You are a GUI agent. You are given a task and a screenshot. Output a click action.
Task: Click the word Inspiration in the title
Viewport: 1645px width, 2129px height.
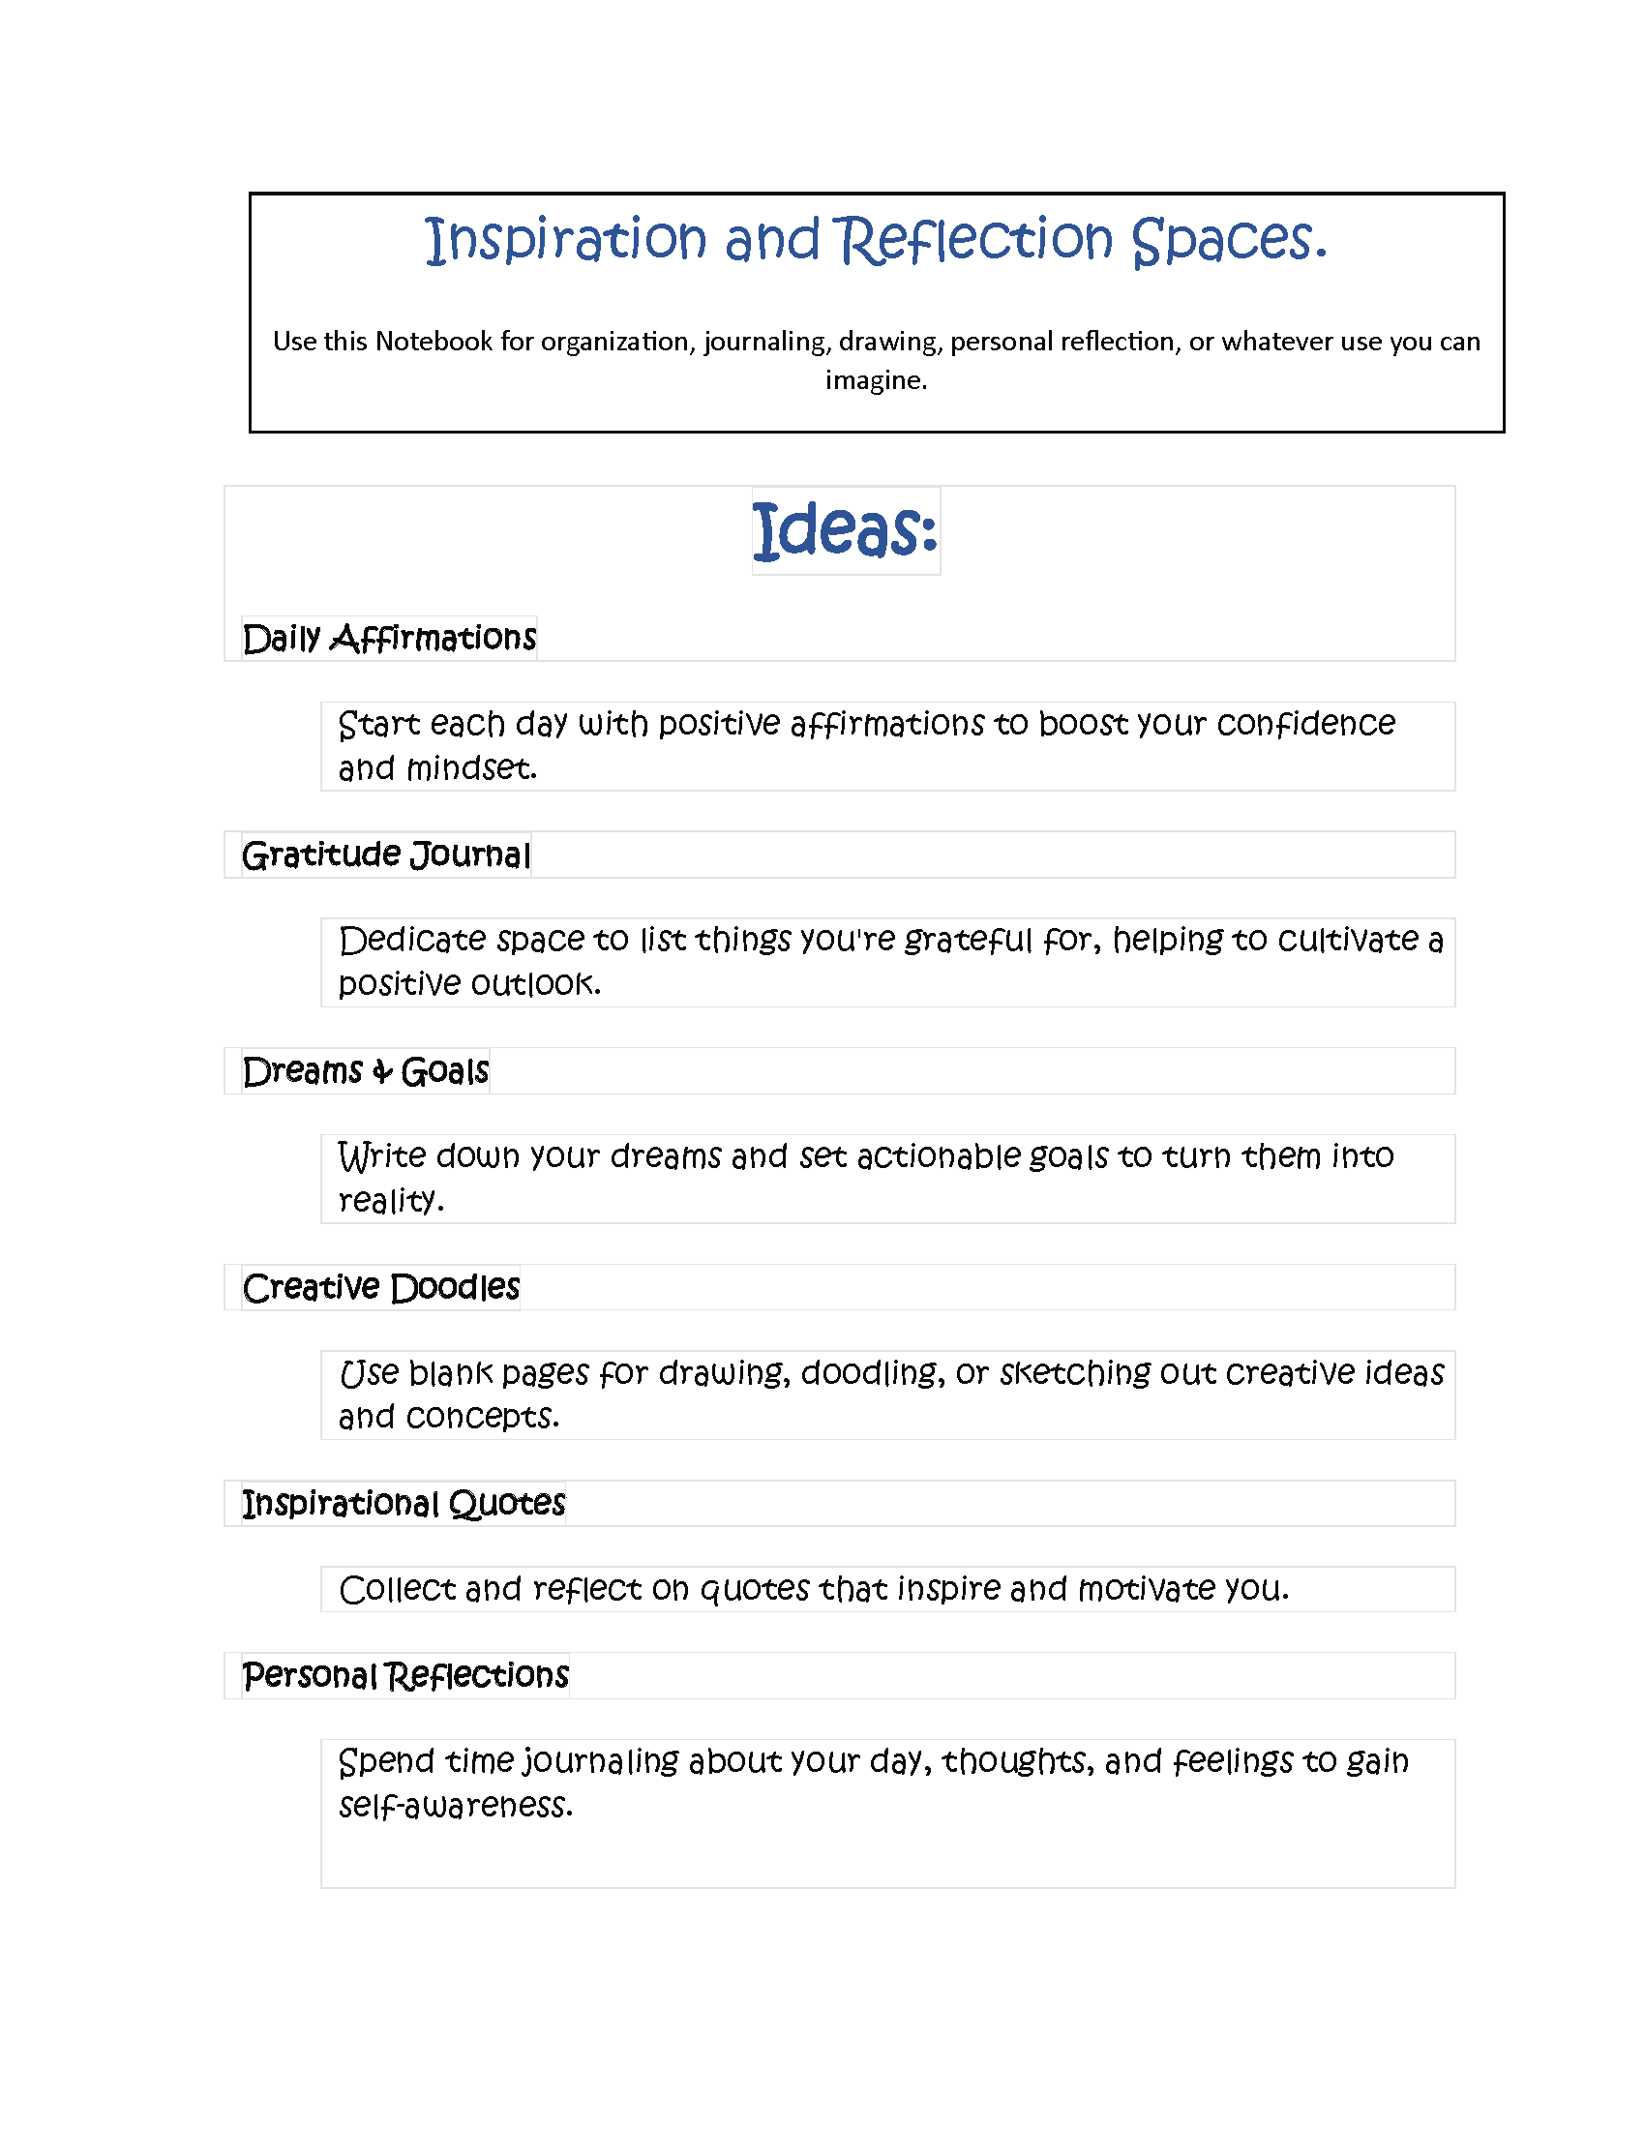pyautogui.click(x=565, y=240)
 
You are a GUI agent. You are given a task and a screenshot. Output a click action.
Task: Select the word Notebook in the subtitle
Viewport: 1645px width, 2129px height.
pyautogui.click(x=434, y=342)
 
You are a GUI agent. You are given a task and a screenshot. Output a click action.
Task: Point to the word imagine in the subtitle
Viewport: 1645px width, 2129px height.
pyautogui.click(x=874, y=379)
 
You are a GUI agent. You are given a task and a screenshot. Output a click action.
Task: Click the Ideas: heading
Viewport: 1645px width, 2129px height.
pyautogui.click(x=845, y=530)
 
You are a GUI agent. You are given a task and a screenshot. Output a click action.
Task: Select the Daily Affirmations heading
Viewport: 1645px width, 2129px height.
pyautogui.click(x=389, y=639)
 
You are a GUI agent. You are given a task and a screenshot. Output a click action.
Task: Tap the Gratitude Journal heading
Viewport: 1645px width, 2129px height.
pyautogui.click(x=386, y=855)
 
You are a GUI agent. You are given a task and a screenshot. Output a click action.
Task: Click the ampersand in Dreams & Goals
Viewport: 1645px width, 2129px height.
pyautogui.click(x=382, y=1072)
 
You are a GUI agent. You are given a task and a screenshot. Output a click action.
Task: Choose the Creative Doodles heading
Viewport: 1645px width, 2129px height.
pyautogui.click(x=381, y=1288)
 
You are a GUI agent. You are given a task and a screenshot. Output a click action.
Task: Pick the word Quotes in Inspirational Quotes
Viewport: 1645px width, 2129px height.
pyautogui.click(x=507, y=1503)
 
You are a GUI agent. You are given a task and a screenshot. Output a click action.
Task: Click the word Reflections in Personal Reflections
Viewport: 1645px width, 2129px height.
pyautogui.click(x=476, y=1676)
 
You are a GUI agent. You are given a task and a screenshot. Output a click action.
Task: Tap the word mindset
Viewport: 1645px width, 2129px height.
pyautogui.click(x=470, y=768)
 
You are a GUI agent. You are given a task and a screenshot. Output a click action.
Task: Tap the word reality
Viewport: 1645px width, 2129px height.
pyautogui.click(x=390, y=1201)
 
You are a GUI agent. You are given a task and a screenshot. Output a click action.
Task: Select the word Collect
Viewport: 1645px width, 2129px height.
pyautogui.click(x=397, y=1589)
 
